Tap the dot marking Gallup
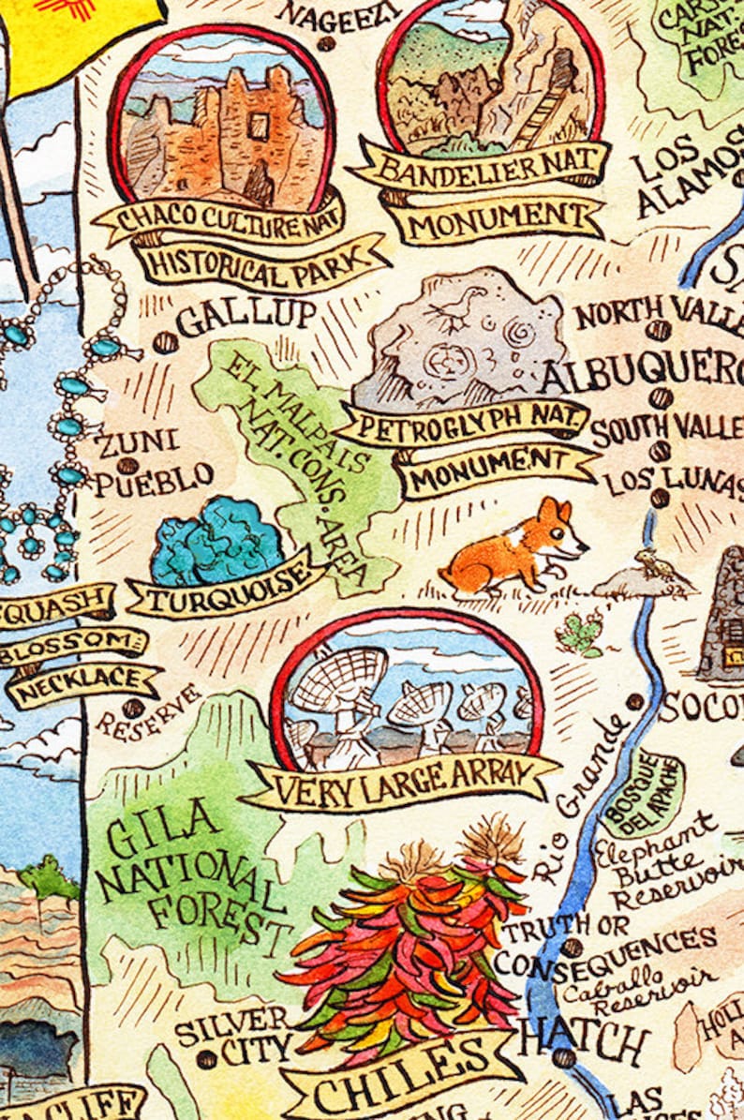[x=166, y=342]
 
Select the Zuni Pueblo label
[x=152, y=461]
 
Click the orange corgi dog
[x=513, y=554]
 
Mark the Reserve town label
[x=147, y=711]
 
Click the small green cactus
[x=580, y=635]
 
